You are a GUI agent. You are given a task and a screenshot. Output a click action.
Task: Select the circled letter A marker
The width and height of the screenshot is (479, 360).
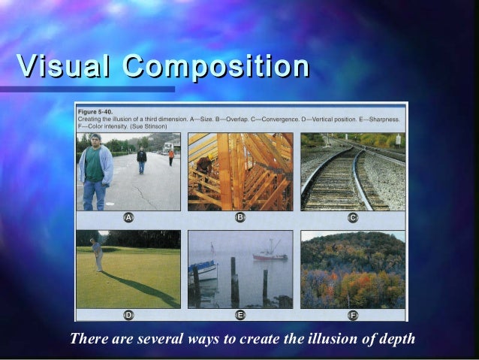coord(129,217)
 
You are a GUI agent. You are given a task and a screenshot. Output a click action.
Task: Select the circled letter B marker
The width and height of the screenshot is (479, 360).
coord(240,217)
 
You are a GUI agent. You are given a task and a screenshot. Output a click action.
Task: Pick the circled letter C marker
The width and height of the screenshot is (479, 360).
coord(353,217)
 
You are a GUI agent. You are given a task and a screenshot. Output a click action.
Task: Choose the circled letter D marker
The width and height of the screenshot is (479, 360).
coord(129,315)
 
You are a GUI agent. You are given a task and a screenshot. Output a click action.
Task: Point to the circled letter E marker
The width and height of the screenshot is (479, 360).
coord(240,315)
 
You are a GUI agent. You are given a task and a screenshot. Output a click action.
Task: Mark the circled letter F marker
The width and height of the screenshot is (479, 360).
coord(353,315)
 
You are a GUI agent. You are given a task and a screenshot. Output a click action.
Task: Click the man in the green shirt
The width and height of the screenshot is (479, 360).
coord(95,170)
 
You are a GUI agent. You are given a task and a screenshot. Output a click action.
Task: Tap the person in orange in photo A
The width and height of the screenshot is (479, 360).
coord(171,156)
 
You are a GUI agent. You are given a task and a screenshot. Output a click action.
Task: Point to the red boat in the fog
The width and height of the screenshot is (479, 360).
coord(270,256)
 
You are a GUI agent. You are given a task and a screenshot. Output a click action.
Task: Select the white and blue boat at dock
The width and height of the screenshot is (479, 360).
coord(204,269)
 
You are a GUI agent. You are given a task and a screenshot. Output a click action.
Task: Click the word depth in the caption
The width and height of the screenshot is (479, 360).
coord(395,338)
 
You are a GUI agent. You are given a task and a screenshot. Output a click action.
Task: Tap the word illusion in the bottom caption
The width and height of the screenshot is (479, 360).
coord(306,338)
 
